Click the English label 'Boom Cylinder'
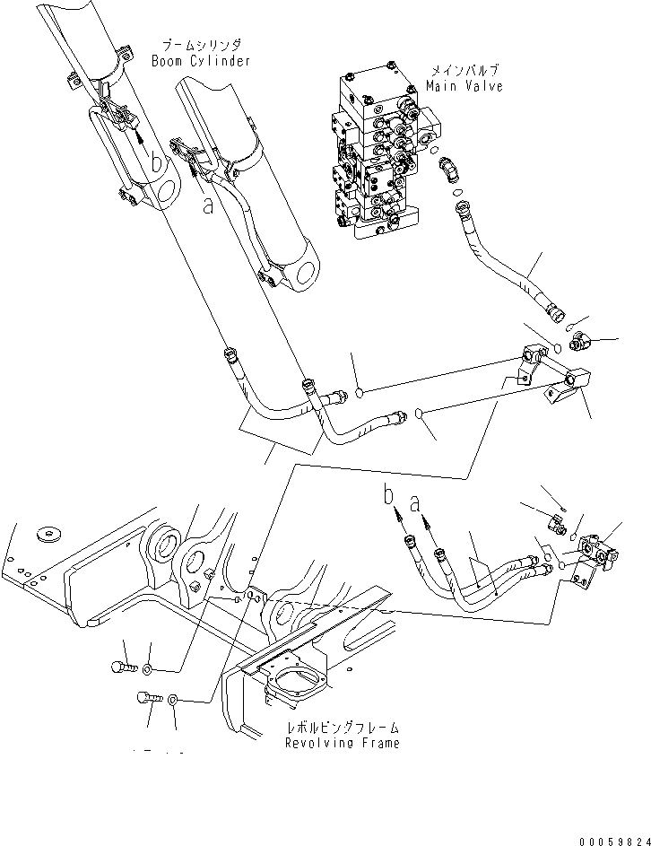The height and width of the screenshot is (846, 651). point(202,61)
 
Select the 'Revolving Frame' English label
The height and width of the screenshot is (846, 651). point(342,743)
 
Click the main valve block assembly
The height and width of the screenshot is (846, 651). point(377,153)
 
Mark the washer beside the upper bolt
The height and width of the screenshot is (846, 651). point(148,669)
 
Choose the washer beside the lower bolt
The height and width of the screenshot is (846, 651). point(174,698)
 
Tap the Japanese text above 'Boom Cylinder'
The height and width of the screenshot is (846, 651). point(201,44)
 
